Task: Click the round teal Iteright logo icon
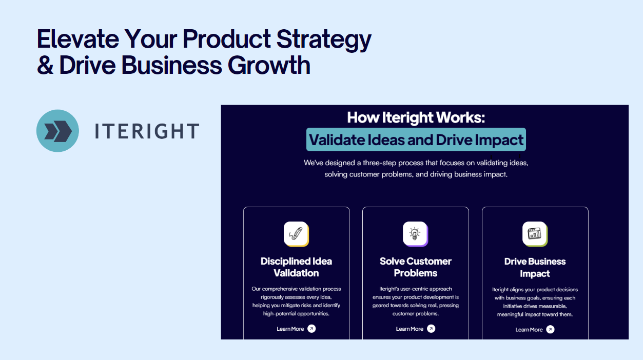pos(57,131)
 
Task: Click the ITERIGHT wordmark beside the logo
pos(147,131)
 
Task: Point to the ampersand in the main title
pos(45,66)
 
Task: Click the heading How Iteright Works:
pos(416,117)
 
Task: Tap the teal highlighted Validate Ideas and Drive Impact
pos(416,139)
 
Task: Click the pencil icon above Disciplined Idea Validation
pos(296,234)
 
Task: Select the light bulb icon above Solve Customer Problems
pos(415,234)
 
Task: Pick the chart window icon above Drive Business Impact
pos(534,234)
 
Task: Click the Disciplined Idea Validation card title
pos(296,267)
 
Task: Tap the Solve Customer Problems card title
pos(415,267)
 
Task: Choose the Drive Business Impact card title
pos(535,268)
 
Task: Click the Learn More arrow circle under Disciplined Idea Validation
pos(311,329)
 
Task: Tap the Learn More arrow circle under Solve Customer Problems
pos(431,329)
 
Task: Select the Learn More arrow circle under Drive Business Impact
pos(550,329)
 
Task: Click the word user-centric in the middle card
pos(408,289)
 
